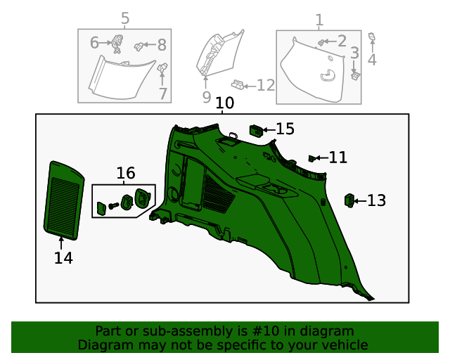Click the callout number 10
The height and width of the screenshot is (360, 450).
224,104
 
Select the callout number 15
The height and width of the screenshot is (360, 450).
285,129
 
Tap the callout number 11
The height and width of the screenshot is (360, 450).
338,157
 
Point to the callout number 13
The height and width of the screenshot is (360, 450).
377,201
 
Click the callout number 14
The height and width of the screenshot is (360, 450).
63,258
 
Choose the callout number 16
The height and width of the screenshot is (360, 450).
125,173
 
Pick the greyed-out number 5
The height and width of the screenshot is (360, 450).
125,18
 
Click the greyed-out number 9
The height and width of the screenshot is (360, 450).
207,96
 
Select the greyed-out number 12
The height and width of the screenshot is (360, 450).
266,86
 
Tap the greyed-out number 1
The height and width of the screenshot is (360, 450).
319,20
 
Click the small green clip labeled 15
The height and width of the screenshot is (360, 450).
257,129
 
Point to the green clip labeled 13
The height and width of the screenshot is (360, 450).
349,201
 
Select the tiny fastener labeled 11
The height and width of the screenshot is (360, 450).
312,158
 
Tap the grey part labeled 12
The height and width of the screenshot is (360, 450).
240,85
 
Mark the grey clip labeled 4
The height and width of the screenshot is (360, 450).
372,37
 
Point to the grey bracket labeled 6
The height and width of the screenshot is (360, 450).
115,44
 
